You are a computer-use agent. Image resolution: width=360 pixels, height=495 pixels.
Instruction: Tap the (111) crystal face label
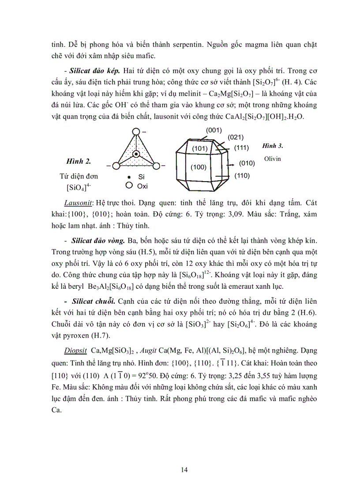pos(242,147)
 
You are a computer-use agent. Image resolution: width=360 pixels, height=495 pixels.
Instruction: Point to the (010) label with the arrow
pos(247,163)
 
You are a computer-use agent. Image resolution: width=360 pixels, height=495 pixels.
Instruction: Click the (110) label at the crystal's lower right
pos(242,176)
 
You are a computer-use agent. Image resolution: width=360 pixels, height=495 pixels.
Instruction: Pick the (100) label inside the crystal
pos(199,167)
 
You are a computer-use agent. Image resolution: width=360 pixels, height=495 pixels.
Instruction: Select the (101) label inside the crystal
pos(200,148)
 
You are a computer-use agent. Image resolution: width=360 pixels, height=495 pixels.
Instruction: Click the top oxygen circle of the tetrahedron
pos(136,131)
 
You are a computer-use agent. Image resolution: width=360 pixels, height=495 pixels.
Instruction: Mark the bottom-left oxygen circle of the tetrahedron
pos(116,166)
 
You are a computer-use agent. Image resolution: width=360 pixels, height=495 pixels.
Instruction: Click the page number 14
pos(184,470)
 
